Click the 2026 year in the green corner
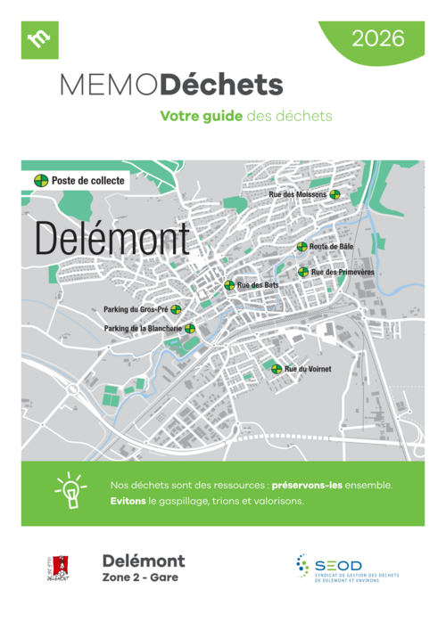coord(378,38)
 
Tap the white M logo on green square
coord(39,39)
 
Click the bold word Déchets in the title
coord(222,86)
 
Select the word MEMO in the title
coord(110,86)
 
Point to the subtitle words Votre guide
coord(200,116)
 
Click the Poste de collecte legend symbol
coord(40,180)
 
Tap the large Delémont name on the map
coord(112,238)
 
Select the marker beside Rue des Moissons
coord(334,194)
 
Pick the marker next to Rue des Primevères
coord(303,272)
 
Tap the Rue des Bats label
coord(258,285)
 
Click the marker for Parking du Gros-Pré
coord(176,310)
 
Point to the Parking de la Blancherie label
coord(143,328)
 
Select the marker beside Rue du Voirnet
coord(277,368)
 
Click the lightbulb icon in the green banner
coord(69,492)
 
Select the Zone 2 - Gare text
coord(140,577)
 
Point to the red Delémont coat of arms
coord(61,567)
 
